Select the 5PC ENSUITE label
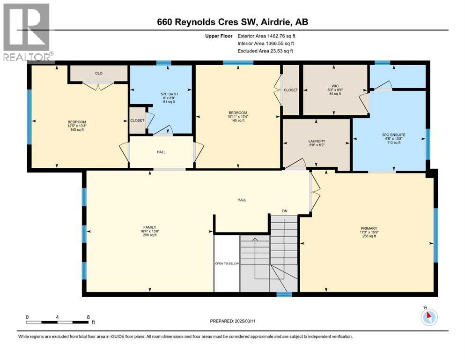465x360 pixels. click(x=390, y=135)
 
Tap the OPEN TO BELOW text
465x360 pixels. click(x=227, y=264)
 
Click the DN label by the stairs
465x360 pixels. click(x=285, y=211)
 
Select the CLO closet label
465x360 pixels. click(x=99, y=73)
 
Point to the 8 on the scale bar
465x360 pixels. click(x=88, y=317)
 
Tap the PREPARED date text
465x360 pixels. click(x=232, y=321)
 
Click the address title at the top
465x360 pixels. click(x=232, y=22)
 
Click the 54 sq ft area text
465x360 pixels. click(x=334, y=94)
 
